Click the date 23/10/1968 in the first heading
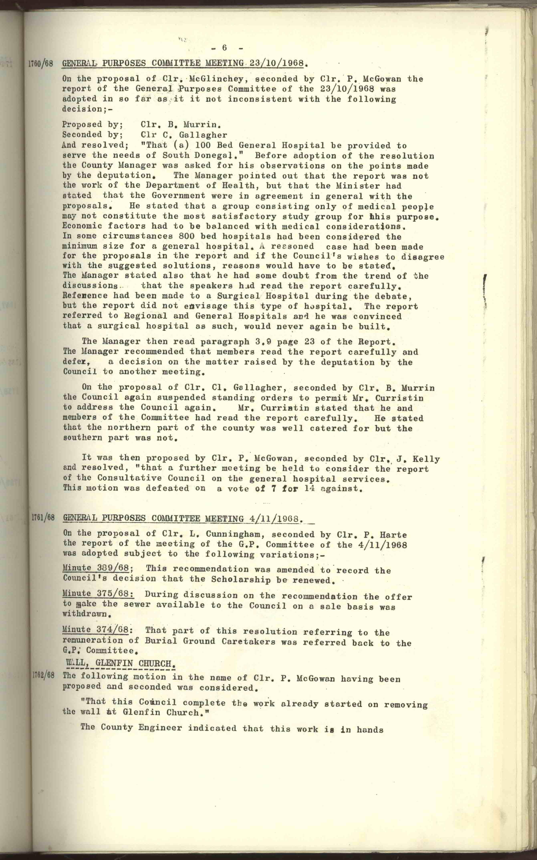point(277,63)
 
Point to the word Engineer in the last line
point(159,727)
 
